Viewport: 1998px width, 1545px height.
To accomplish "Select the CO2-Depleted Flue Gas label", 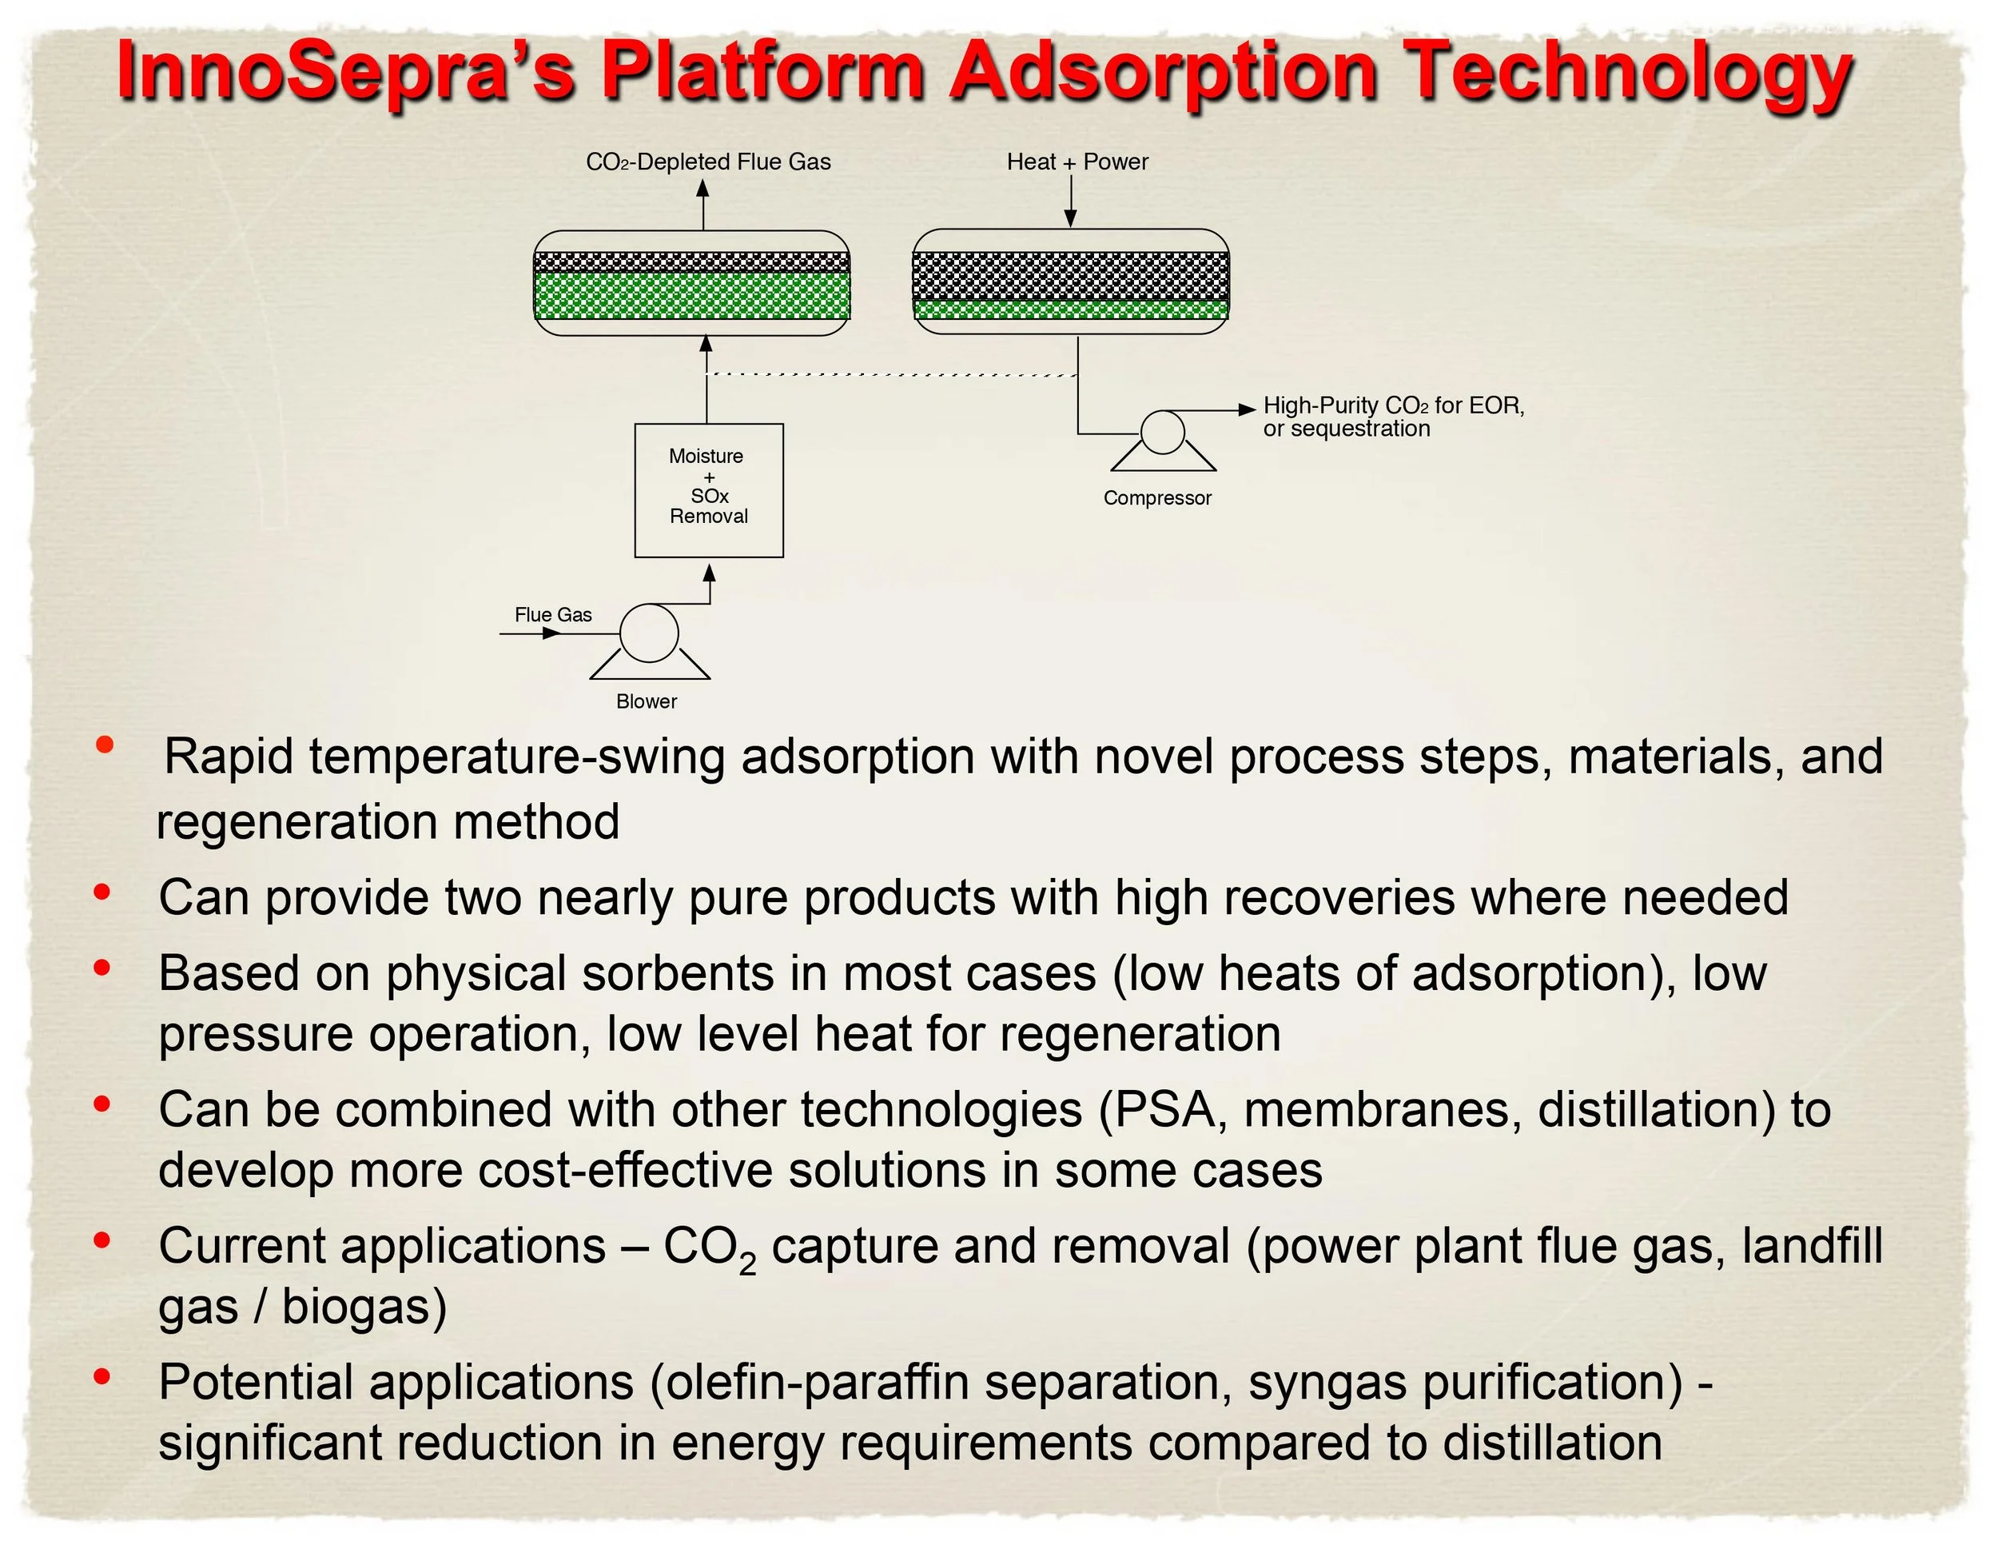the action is tap(708, 162).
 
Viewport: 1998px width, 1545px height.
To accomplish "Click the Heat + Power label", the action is tap(1077, 162).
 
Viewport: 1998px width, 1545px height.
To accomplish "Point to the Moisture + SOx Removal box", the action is tap(709, 490).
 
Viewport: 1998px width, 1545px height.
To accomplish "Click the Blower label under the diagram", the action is tap(646, 701).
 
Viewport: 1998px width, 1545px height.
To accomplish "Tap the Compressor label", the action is tap(1156, 498).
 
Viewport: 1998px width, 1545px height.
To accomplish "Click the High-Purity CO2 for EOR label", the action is tap(1393, 405).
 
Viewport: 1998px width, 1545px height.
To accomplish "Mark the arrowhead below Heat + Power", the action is tap(1070, 219).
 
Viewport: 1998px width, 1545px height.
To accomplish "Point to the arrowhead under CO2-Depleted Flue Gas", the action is tap(702, 188).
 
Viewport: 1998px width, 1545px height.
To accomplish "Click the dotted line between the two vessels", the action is tap(892, 374).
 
